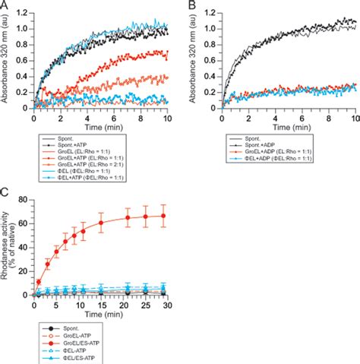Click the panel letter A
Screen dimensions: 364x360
tap(5, 5)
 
